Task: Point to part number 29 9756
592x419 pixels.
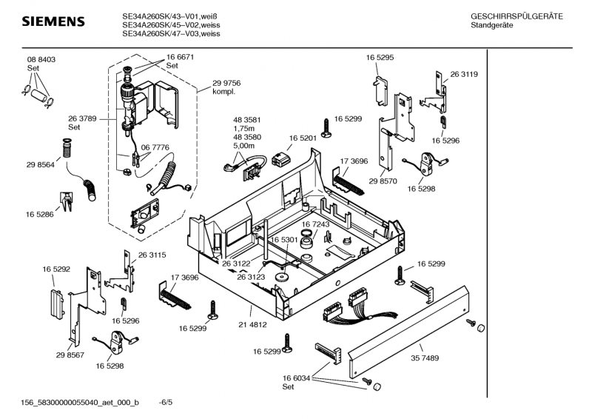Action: point(226,84)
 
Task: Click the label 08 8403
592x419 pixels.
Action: point(42,59)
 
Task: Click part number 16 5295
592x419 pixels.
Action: point(380,57)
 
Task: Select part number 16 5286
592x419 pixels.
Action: point(40,214)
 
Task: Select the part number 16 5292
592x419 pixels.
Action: point(55,269)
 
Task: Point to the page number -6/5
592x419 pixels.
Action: point(166,403)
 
